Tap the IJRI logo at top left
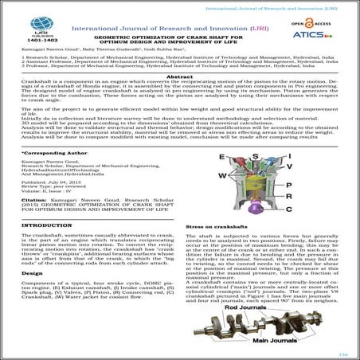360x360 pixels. click(25, 19)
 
